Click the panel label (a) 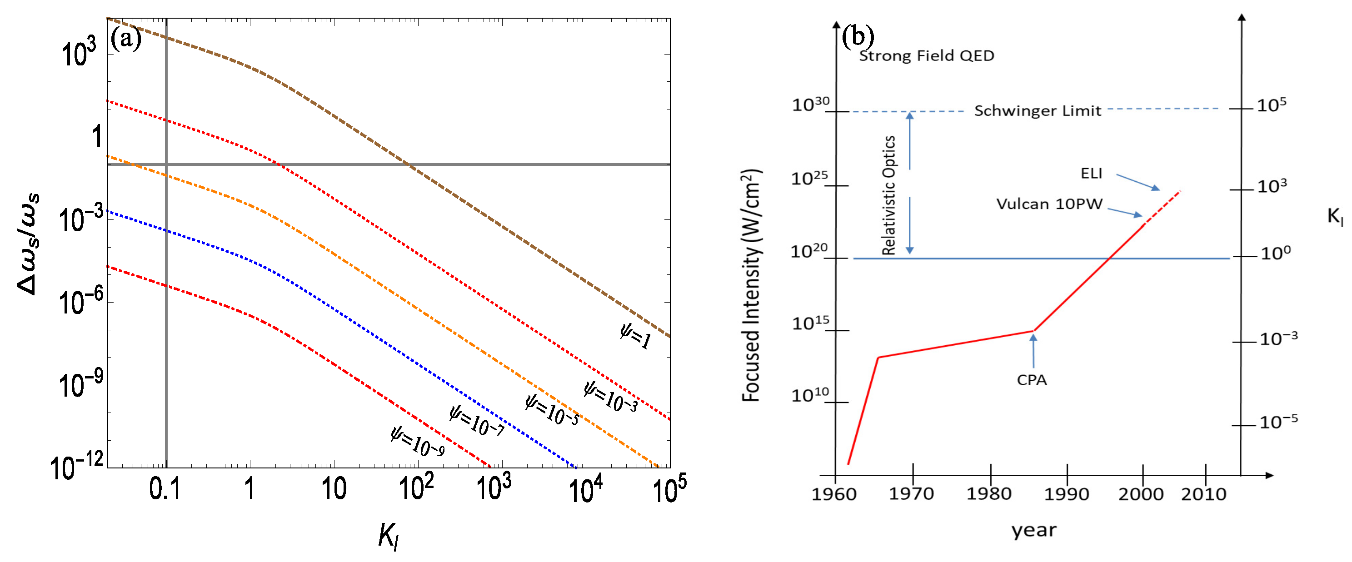(126, 40)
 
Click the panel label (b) (858, 36)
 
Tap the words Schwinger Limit (1037, 111)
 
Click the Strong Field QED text (926, 55)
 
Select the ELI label (1091, 174)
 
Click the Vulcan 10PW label (1049, 204)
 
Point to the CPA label (1031, 380)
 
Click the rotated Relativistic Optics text (888, 195)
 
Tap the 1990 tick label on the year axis (1067, 494)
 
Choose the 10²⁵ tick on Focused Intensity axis (809, 179)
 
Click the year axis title (1034, 530)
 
